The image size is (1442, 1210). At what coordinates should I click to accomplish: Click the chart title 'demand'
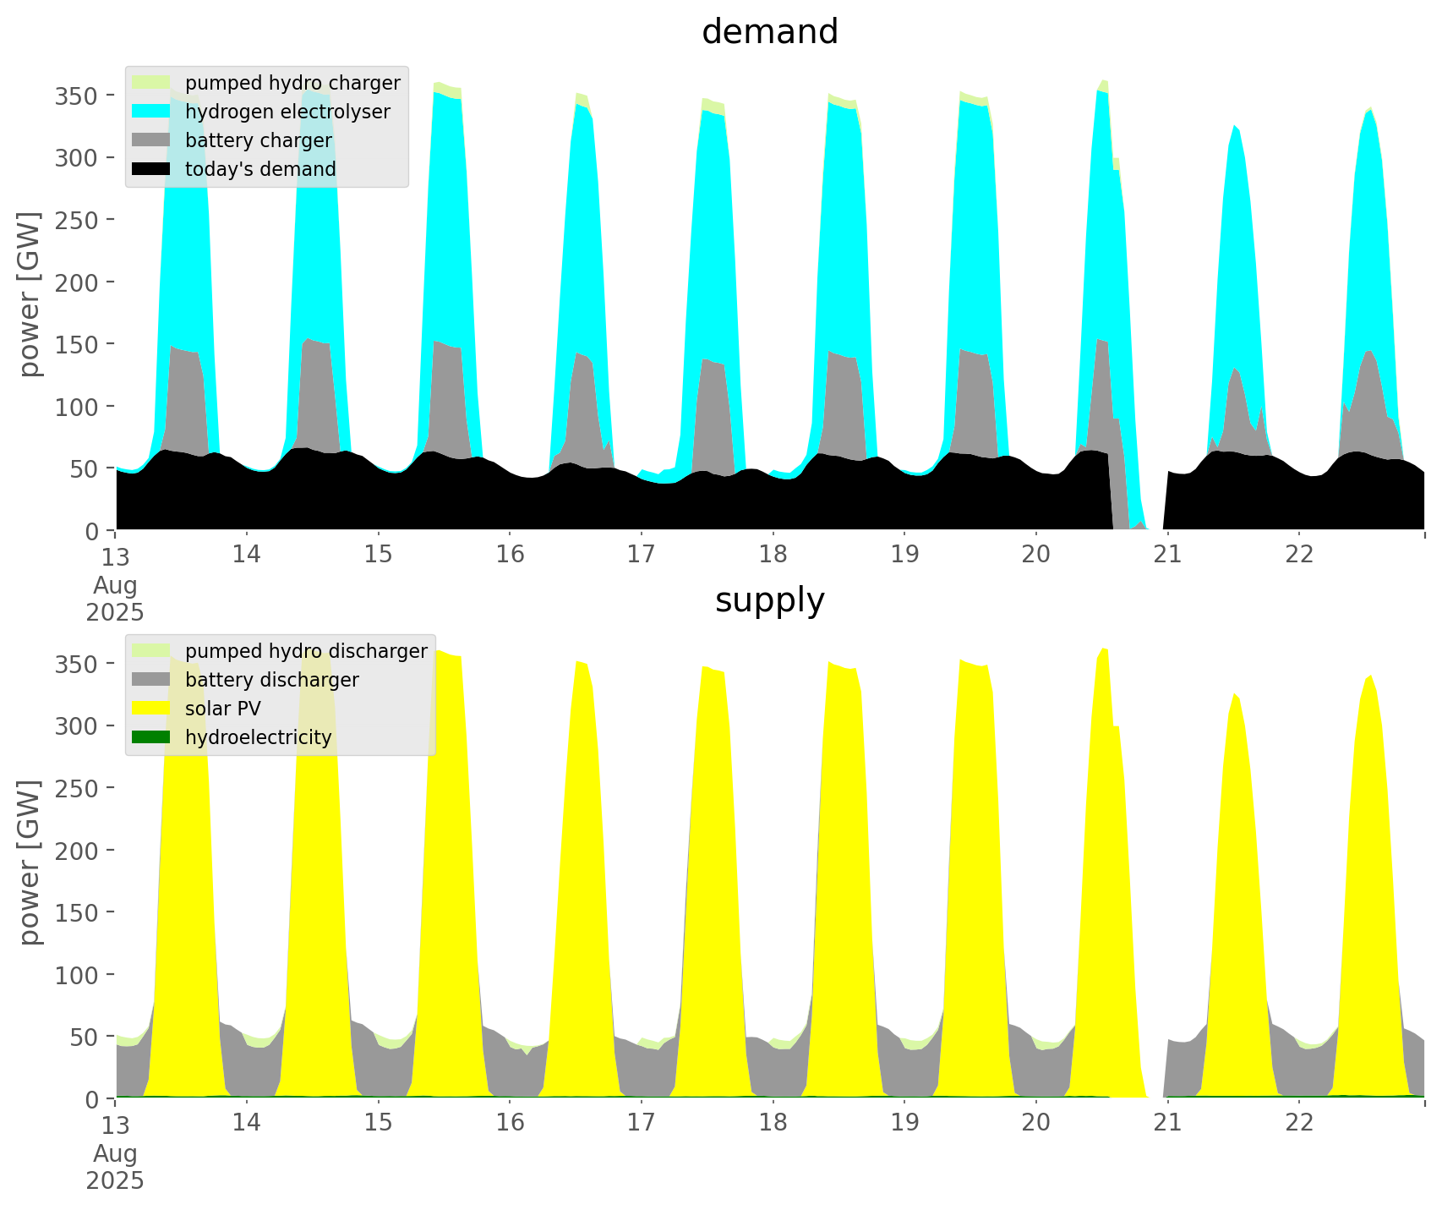tap(769, 32)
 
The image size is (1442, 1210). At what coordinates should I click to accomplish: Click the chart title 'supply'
tap(769, 600)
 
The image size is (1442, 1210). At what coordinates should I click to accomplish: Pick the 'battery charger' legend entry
tap(258, 140)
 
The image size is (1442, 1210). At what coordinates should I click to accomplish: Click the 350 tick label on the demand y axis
tap(77, 96)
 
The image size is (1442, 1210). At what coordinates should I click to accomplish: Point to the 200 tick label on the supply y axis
tap(77, 851)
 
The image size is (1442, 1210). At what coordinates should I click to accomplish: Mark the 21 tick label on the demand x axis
tap(1167, 555)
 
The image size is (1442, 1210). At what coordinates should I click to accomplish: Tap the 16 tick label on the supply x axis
tap(510, 1123)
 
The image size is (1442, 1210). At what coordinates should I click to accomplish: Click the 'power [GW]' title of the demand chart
tap(30, 294)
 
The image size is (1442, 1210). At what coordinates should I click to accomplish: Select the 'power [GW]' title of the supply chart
tap(30, 862)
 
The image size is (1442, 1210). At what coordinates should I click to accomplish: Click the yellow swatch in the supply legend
tap(151, 709)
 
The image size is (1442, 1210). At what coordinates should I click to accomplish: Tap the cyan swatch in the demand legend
tap(151, 112)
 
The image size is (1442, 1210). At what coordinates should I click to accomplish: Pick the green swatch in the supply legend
tap(151, 737)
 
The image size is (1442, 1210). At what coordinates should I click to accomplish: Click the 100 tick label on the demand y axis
tap(77, 407)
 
